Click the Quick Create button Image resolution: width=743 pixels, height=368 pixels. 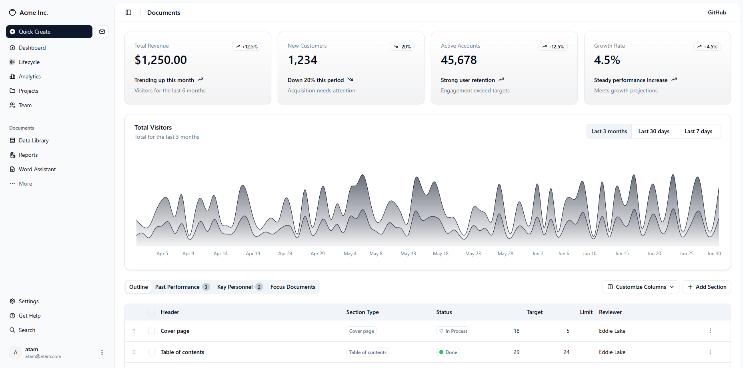(x=49, y=32)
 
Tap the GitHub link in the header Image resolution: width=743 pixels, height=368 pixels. (x=717, y=12)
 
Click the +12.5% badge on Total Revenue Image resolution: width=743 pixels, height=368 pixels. (x=247, y=46)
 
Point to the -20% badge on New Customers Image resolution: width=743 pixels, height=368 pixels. (x=402, y=46)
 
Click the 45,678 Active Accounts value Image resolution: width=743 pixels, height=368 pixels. (x=459, y=60)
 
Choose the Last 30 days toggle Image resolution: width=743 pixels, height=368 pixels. (x=654, y=131)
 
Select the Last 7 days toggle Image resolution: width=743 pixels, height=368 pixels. (x=698, y=131)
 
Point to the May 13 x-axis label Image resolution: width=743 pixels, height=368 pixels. (x=408, y=254)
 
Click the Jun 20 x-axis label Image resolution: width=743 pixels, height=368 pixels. (x=654, y=254)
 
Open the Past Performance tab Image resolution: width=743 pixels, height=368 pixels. (x=182, y=287)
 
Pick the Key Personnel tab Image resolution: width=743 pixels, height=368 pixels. (x=240, y=287)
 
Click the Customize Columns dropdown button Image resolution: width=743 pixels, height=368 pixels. (x=641, y=287)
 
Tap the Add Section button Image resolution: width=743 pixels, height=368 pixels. (x=707, y=287)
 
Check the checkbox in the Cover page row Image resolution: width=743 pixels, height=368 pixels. (x=152, y=331)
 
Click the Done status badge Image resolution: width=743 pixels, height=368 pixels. (x=448, y=352)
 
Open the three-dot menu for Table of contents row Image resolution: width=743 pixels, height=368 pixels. (x=710, y=352)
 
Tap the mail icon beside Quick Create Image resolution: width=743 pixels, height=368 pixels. (x=102, y=32)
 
